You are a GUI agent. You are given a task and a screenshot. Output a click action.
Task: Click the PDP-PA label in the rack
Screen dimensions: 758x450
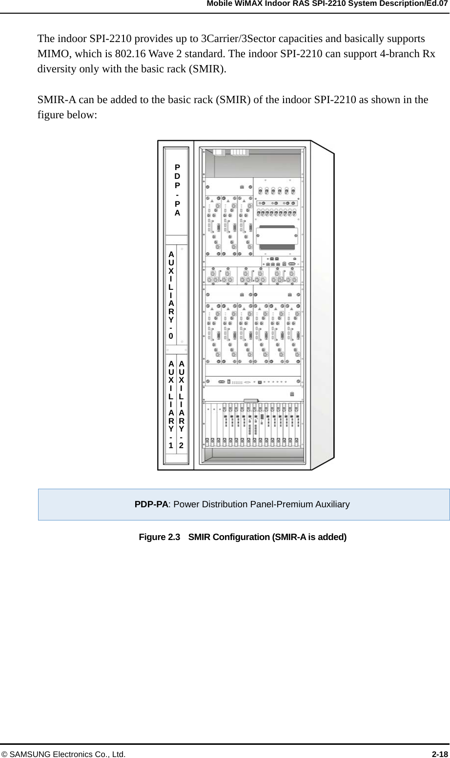[178, 190]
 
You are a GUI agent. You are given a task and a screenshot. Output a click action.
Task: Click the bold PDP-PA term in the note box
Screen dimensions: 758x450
[151, 504]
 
